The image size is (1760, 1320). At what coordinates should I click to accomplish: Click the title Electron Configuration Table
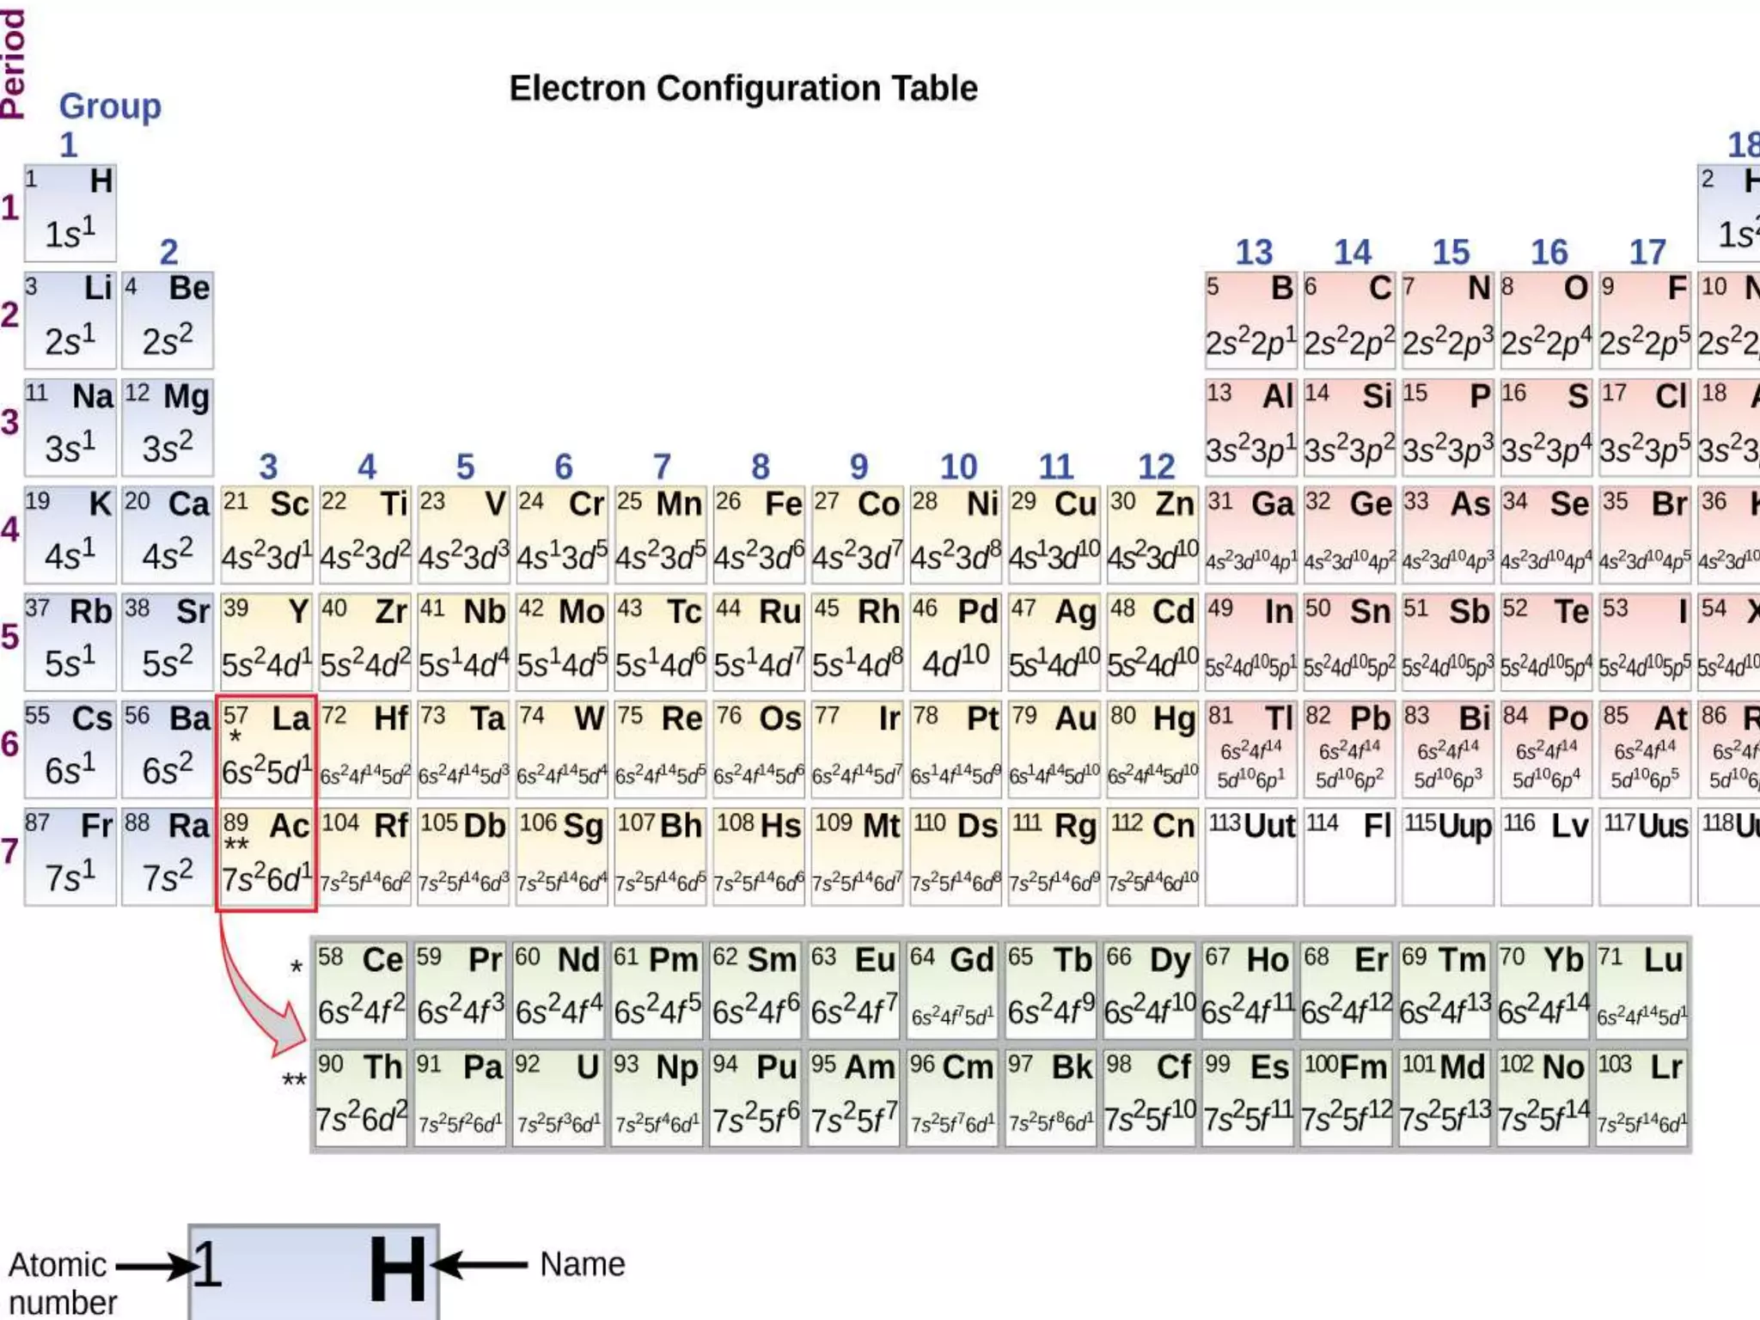(x=743, y=89)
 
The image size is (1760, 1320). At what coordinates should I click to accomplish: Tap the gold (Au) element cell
(x=1054, y=749)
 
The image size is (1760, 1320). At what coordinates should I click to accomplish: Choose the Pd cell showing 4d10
(x=956, y=641)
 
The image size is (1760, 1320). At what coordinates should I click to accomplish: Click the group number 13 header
(x=1254, y=253)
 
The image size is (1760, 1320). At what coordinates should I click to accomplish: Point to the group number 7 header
(x=662, y=467)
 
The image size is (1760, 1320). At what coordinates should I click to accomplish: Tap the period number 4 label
(x=10, y=529)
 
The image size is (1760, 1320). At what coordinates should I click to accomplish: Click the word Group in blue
(x=110, y=107)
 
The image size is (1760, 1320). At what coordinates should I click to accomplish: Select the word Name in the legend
(x=583, y=1264)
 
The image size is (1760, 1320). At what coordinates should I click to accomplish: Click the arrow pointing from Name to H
(x=480, y=1265)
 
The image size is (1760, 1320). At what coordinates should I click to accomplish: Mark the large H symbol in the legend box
(x=397, y=1269)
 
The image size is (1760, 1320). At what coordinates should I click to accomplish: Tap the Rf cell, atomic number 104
(x=365, y=856)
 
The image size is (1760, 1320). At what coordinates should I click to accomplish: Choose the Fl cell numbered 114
(x=1348, y=856)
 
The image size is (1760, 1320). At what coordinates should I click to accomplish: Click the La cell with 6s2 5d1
(x=266, y=749)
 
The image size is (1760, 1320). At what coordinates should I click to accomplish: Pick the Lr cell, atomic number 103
(x=1641, y=1097)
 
